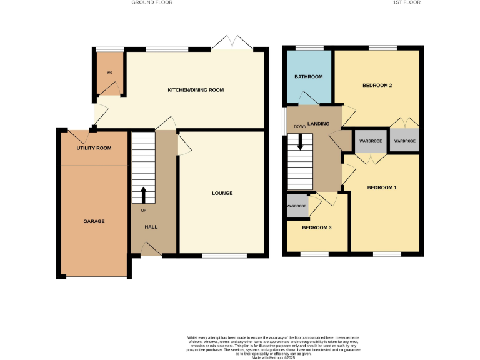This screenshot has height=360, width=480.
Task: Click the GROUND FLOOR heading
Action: point(152,2)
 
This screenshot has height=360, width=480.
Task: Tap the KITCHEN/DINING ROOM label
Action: point(196,90)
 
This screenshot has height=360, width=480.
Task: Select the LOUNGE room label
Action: point(222,193)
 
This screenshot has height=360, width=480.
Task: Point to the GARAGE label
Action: point(94,221)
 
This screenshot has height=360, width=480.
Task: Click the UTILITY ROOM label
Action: point(94,148)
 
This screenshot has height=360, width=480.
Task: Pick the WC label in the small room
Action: point(109,72)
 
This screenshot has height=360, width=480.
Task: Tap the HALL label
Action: point(151,226)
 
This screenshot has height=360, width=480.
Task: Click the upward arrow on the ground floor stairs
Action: point(144,195)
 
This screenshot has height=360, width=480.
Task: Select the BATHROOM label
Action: point(309,76)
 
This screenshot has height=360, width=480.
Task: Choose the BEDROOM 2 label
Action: point(377,86)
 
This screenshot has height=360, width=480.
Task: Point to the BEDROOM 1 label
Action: point(382,187)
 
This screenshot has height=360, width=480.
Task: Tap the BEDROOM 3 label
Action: point(316,227)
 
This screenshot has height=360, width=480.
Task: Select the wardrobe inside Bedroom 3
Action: point(297,207)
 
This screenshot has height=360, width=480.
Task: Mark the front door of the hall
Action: point(151,251)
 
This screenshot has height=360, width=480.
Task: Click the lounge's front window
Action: point(224,255)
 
